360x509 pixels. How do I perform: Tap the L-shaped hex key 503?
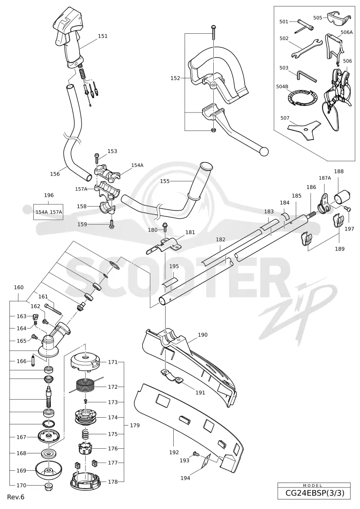pyautogui.click(x=306, y=77)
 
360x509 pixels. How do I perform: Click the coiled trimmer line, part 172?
pyautogui.click(x=85, y=386)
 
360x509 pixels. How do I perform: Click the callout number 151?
pyautogui.click(x=103, y=36)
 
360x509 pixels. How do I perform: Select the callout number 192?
pyautogui.click(x=174, y=452)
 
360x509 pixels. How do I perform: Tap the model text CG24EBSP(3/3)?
pyautogui.click(x=314, y=493)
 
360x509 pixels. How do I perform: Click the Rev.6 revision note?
pyautogui.click(x=16, y=497)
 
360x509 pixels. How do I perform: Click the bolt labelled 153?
pyautogui.click(x=97, y=158)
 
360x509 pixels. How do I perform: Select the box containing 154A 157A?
pyautogui.click(x=49, y=212)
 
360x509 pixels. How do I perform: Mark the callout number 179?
pyautogui.click(x=135, y=425)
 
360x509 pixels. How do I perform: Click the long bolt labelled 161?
pyautogui.click(x=53, y=309)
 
